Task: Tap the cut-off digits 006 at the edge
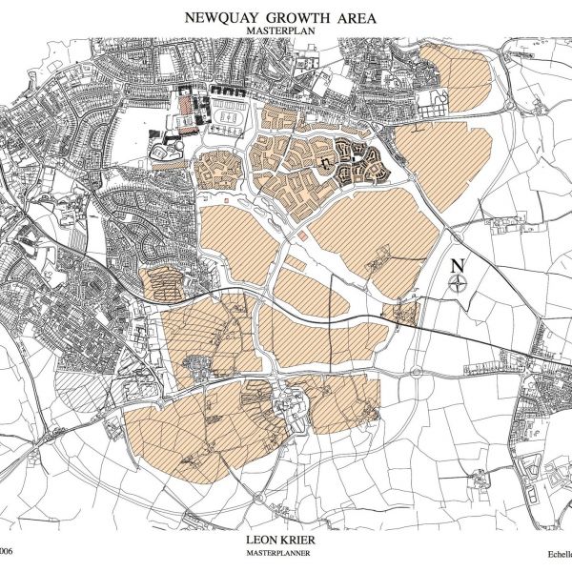click(x=8, y=551)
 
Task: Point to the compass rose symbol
click(x=460, y=282)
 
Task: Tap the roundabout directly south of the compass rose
click(x=417, y=371)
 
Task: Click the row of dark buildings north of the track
click(x=229, y=91)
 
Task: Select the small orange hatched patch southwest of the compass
click(x=404, y=313)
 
